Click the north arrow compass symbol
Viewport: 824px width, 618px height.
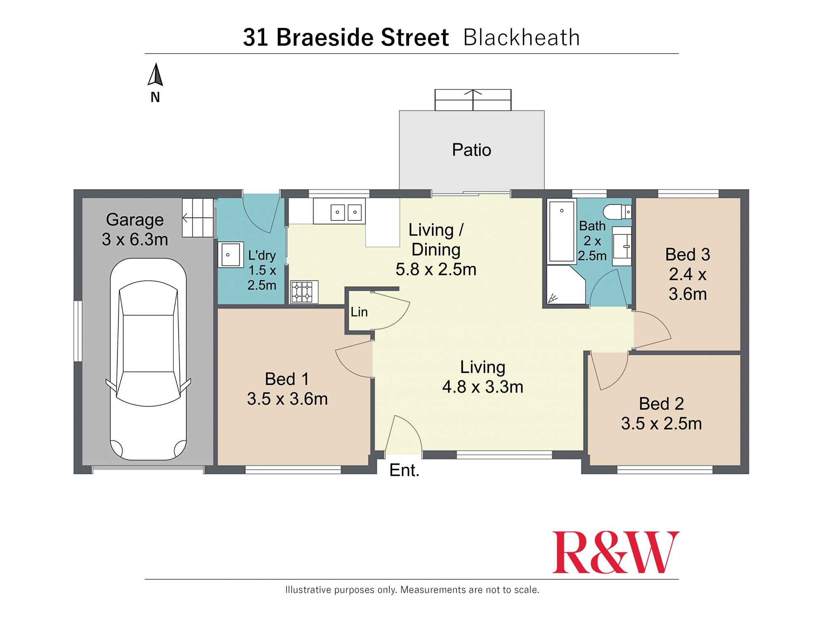coord(155,75)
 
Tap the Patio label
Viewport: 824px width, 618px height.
coord(471,150)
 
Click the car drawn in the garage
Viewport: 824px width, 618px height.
coord(148,358)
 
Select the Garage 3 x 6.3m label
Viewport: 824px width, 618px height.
coord(135,229)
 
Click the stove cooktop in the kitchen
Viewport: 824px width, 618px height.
coord(304,292)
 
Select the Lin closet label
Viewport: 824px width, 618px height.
coord(359,312)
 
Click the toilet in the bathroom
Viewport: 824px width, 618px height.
coord(616,212)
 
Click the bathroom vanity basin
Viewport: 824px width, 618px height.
coord(622,246)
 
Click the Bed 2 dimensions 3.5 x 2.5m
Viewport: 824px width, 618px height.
coord(661,424)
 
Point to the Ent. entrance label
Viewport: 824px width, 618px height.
coord(404,471)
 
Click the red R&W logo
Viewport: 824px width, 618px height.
coord(615,552)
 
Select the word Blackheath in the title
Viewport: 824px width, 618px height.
coord(521,37)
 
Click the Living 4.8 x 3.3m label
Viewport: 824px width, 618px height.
coord(482,377)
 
